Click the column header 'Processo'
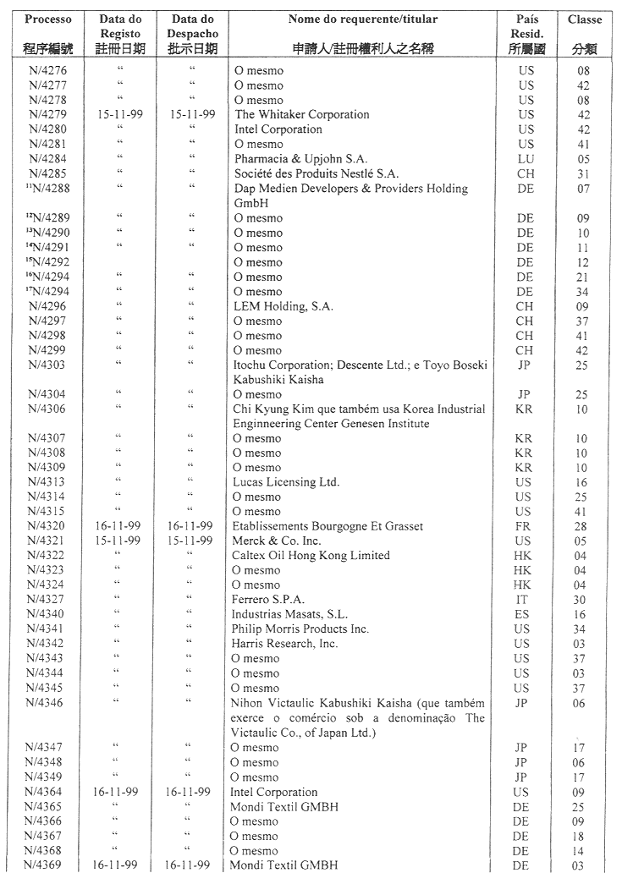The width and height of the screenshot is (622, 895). coord(47,19)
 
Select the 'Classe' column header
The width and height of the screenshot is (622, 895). coord(585,19)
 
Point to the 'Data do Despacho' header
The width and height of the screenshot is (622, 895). coord(192,25)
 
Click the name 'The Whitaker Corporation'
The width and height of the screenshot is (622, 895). coord(302,114)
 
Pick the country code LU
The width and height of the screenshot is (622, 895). coord(526,159)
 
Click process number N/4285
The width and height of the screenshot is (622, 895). coord(47,173)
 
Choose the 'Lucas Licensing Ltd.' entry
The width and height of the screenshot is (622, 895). coord(287,482)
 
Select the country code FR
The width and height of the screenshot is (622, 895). coord(526,526)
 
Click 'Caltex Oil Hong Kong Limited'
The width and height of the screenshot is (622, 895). coord(312,556)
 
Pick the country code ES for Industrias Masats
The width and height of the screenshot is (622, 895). coord(526,614)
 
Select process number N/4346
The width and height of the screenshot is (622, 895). coord(47,703)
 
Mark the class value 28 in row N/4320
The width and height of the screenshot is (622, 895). coord(584,526)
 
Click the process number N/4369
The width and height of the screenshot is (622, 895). coord(47,865)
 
